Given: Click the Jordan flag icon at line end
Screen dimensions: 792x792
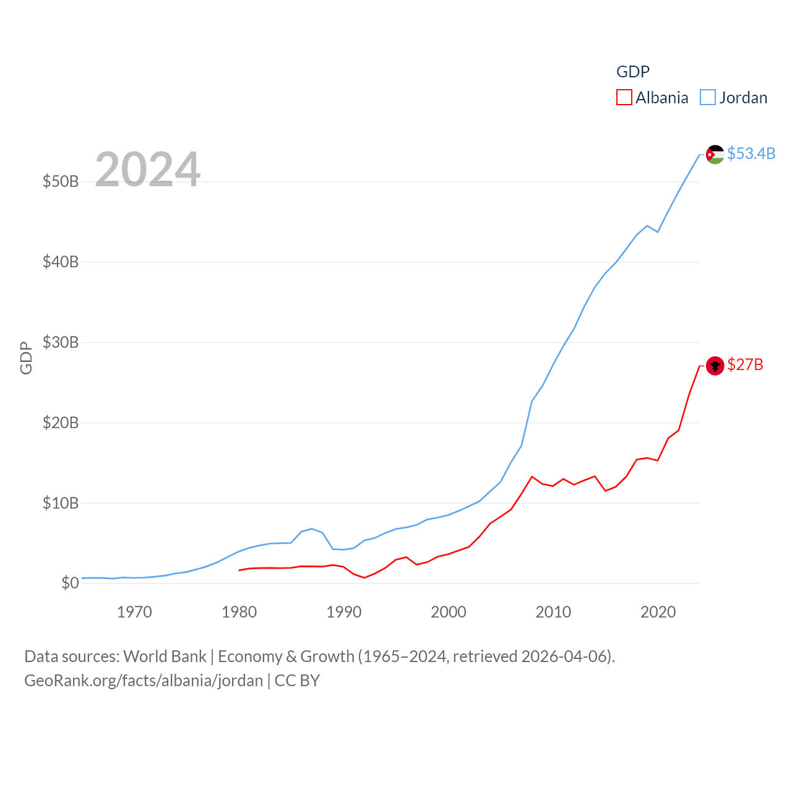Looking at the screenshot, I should [x=715, y=154].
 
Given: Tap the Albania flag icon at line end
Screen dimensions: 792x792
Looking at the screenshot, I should [x=715, y=366].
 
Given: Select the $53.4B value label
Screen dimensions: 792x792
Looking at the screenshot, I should [x=751, y=153].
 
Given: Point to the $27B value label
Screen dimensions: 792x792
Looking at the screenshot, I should [x=745, y=364].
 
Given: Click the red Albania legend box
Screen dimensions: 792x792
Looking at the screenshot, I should [x=624, y=98].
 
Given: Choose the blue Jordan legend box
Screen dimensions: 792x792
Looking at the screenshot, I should [x=708, y=98].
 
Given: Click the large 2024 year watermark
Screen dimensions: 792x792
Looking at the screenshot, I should [x=148, y=170].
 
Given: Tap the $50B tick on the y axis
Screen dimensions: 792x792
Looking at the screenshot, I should [x=61, y=181].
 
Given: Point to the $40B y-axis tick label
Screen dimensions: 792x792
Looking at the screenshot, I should [x=61, y=262].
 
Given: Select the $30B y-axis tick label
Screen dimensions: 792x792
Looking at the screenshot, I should [x=61, y=342].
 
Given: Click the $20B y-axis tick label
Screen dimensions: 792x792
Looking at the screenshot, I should [x=61, y=423].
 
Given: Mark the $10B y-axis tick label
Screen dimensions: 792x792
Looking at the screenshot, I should [x=61, y=503].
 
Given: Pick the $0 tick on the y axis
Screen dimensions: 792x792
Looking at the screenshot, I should [x=70, y=583].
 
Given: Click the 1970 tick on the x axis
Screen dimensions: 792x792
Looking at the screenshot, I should [x=134, y=613].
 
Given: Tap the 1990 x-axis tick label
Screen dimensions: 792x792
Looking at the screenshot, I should [x=344, y=613].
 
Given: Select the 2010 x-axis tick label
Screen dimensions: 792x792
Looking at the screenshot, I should [x=553, y=613].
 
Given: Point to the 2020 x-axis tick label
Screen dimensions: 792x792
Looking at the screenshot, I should [x=658, y=613].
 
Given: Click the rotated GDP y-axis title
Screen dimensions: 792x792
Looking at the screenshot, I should [x=26, y=358].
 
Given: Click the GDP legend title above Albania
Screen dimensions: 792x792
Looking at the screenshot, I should [x=633, y=72].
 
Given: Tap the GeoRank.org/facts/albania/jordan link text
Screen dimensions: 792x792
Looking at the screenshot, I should [x=144, y=681].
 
